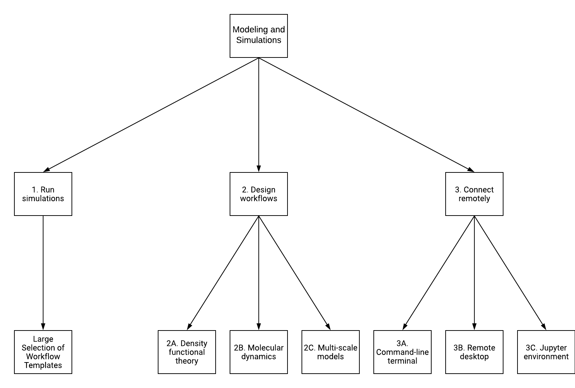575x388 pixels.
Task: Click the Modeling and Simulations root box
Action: (x=259, y=36)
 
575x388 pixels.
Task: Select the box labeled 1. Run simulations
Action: (x=43, y=194)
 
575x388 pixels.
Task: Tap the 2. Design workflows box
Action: (x=259, y=194)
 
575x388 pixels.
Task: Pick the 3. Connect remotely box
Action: (x=474, y=194)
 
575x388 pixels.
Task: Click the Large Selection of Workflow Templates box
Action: (x=43, y=352)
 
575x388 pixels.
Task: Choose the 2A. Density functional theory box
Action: (x=187, y=352)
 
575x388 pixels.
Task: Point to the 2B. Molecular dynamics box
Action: (x=259, y=352)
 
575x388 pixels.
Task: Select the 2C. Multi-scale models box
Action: (x=331, y=352)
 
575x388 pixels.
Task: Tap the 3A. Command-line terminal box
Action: (x=402, y=352)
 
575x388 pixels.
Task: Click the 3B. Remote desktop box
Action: (x=474, y=352)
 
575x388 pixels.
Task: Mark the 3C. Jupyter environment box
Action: (x=546, y=352)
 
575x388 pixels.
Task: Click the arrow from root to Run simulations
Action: (x=151, y=115)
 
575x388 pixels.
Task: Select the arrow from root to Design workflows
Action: (x=259, y=115)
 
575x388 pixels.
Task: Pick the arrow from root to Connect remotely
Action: (x=367, y=115)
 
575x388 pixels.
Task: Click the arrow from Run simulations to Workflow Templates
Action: (x=43, y=273)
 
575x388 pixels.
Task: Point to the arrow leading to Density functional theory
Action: (x=223, y=273)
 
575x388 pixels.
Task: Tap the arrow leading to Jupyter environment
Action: (x=510, y=273)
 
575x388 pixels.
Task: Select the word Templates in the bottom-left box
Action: (x=43, y=365)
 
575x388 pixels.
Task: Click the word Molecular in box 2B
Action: (x=266, y=348)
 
